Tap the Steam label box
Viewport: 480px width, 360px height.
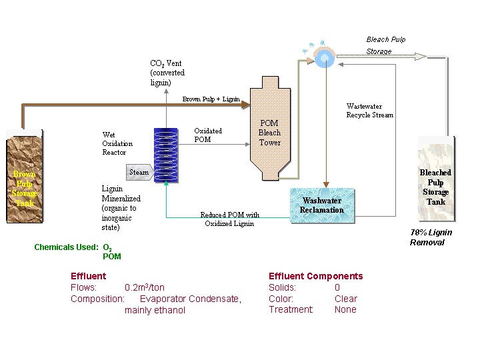click(139, 172)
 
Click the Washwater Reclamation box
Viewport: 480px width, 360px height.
click(322, 205)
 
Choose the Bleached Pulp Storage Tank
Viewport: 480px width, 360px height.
click(435, 179)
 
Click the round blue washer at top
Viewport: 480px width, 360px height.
click(325, 58)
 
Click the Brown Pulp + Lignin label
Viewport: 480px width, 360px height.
click(211, 99)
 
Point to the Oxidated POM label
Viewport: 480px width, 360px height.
click(208, 135)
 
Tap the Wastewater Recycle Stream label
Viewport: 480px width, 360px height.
click(369, 111)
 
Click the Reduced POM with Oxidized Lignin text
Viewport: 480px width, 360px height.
click(229, 219)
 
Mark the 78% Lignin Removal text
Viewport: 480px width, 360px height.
click(431, 237)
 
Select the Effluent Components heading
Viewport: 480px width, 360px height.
click(315, 276)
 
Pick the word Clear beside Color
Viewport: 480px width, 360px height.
click(345, 299)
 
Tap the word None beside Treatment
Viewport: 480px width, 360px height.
click(345, 309)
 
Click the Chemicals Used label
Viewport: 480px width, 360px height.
click(66, 247)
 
